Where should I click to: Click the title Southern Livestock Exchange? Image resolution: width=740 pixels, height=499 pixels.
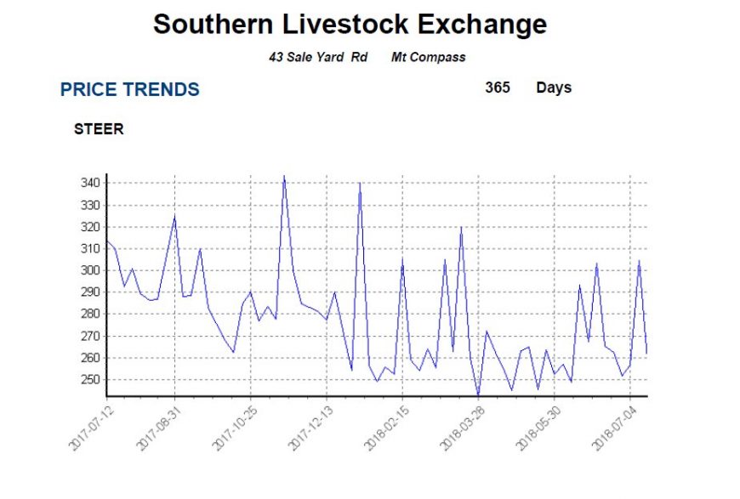point(350,25)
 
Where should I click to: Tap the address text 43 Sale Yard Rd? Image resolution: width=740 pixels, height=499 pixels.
point(317,57)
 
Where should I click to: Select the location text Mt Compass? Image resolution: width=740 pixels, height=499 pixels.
point(428,57)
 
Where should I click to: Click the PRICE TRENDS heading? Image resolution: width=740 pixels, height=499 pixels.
point(130,90)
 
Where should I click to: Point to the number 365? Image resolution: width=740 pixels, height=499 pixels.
point(498,88)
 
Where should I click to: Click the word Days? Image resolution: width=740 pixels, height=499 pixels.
point(554,88)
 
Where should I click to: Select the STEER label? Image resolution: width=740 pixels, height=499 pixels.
point(99,130)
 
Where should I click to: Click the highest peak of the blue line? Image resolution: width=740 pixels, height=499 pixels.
point(284,177)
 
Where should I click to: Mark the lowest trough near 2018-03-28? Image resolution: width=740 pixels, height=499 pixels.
point(478,395)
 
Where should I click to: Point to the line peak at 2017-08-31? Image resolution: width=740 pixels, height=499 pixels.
point(174,216)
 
